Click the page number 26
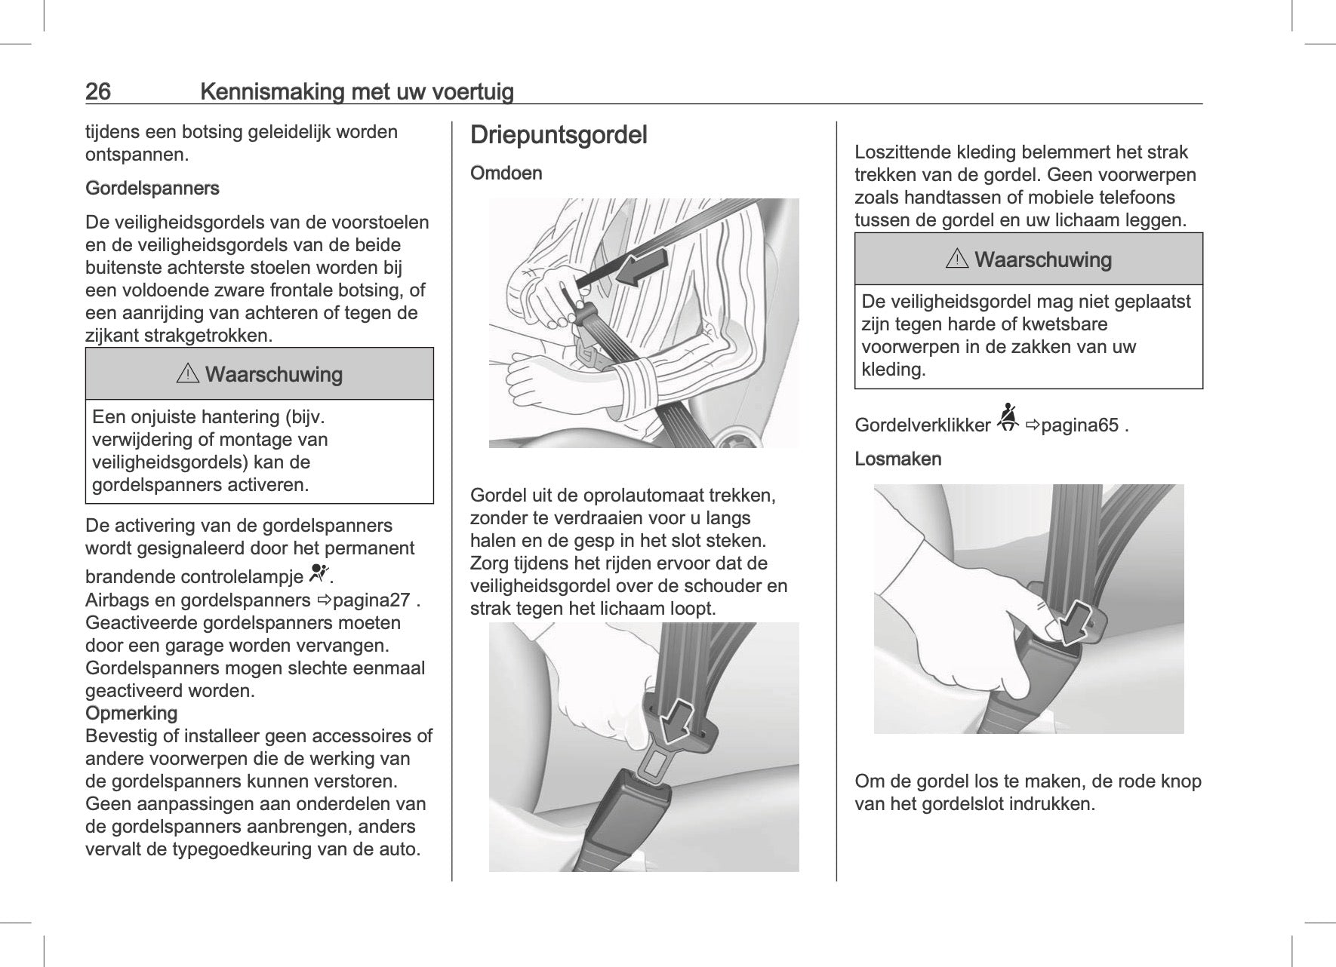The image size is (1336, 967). coord(98,92)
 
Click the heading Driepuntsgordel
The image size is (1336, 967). coord(559,136)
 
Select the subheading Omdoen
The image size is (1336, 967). coord(506,173)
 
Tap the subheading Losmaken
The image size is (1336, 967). coord(897,459)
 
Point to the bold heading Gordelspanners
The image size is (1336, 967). coord(152,189)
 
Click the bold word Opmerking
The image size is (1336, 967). coord(131,714)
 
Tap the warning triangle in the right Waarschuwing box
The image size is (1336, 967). coord(956,260)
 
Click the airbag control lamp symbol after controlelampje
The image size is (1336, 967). coord(320,575)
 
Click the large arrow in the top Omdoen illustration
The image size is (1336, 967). coord(642,268)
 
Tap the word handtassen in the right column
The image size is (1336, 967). coord(946,198)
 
